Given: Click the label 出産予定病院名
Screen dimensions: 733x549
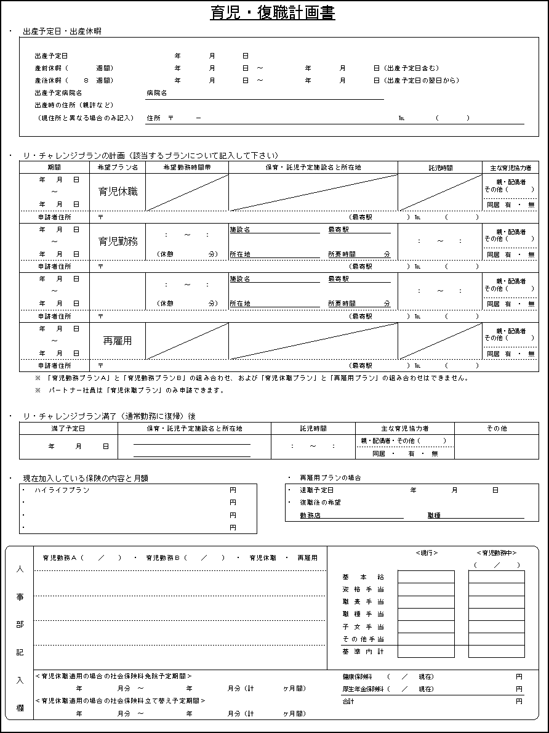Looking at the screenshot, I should point(58,93).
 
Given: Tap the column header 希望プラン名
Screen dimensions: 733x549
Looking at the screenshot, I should point(118,168).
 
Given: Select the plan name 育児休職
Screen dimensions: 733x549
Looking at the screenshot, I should point(118,192).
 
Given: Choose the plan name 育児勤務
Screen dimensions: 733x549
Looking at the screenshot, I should point(118,241).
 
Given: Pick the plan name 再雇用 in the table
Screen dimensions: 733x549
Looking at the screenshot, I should point(118,341).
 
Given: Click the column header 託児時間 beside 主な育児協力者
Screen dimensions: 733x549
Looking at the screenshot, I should point(440,168).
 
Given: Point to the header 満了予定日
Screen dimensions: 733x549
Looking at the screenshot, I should point(68,429).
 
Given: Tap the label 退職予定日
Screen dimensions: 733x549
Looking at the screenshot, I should point(316,490).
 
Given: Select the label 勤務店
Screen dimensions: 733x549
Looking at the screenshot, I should point(310,516).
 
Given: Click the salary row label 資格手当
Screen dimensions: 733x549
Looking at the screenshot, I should point(363,589).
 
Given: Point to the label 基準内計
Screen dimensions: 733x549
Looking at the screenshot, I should point(363,651).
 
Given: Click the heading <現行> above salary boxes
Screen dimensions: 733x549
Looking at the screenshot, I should point(427,553).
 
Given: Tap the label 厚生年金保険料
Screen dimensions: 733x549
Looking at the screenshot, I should point(363,689).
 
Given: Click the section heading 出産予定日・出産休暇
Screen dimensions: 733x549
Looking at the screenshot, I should point(62,31).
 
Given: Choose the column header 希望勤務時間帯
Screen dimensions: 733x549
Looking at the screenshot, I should point(187,168).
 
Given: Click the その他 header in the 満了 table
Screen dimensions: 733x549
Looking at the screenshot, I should point(497,429).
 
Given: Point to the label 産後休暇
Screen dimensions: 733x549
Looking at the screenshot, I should point(49,81).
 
